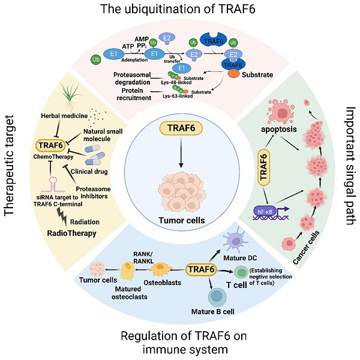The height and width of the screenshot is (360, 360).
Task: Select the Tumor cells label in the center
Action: coord(180,220)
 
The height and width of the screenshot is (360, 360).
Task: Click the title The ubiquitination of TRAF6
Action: coord(179,11)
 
